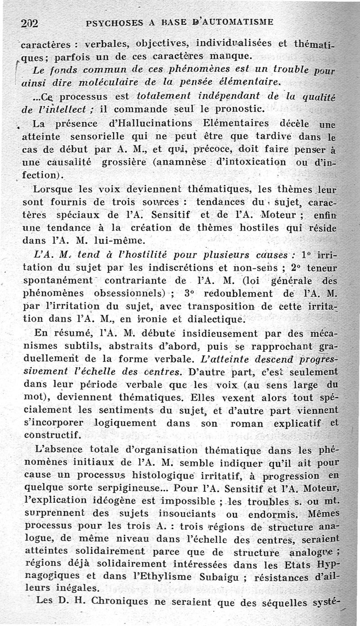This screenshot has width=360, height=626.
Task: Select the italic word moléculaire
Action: click(x=108, y=82)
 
